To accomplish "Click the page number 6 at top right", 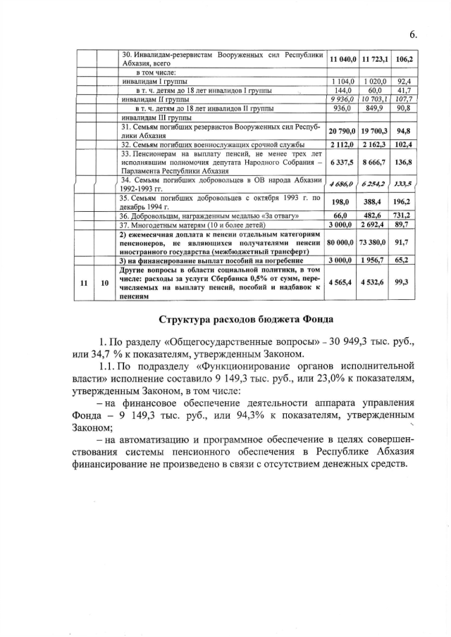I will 412,34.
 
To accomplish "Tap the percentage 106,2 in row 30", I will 404,59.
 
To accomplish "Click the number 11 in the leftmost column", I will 84,283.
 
